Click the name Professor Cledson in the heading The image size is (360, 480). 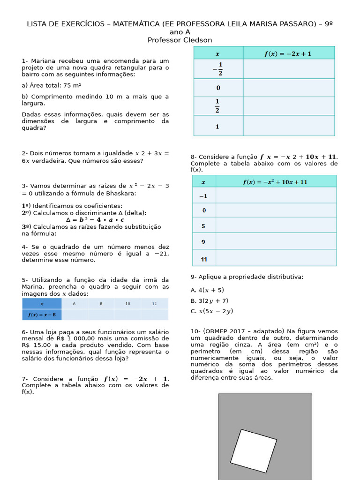pos(180,40)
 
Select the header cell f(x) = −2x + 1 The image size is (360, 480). pos(288,53)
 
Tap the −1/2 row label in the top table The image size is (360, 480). pos(218,69)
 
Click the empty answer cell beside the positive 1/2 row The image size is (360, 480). pos(288,106)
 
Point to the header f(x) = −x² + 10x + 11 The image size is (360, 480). pos(275,182)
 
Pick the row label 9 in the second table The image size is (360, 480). pos(203,242)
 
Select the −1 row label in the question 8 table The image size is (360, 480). pos(203,196)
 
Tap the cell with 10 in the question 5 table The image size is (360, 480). pos(127,304)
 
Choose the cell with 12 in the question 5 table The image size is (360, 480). pos(155,304)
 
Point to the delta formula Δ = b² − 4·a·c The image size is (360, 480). pos(95,219)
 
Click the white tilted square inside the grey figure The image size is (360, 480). pos(253,450)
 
